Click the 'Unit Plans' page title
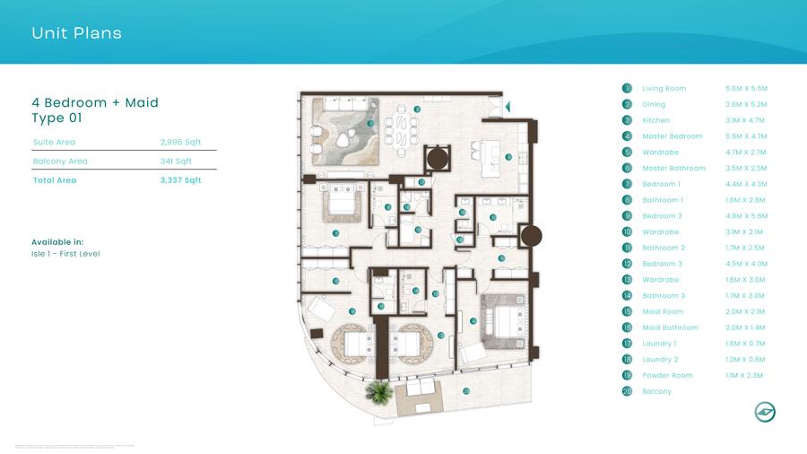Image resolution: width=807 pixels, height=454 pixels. click(76, 34)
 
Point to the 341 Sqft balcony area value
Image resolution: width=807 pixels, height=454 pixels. click(177, 162)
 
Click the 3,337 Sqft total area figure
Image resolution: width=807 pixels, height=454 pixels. click(180, 180)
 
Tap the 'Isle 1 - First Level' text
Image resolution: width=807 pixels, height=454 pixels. click(65, 254)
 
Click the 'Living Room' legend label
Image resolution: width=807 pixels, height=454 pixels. click(664, 89)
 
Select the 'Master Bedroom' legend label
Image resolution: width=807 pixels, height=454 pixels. click(672, 136)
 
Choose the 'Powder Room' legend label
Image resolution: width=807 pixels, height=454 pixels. click(667, 375)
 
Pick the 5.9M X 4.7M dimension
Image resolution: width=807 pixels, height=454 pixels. click(746, 136)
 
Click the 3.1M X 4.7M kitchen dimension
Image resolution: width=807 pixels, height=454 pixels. click(746, 120)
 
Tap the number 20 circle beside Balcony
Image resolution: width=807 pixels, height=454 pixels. click(627, 391)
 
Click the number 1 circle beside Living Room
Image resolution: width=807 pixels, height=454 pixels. click(627, 89)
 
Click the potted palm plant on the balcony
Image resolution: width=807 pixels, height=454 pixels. click(378, 391)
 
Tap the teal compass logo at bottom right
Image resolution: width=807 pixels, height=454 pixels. click(764, 412)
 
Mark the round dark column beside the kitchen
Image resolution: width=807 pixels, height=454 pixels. click(439, 159)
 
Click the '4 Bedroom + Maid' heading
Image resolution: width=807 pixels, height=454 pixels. click(95, 102)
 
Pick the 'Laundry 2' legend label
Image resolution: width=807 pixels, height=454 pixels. click(661, 359)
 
